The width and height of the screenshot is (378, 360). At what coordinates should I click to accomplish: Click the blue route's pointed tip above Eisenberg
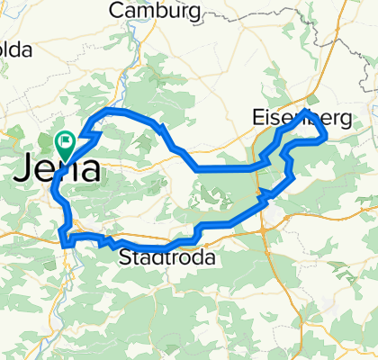307,111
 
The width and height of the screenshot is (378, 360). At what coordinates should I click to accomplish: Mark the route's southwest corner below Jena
62,240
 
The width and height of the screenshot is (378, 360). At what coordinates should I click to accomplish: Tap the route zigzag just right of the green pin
88,133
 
